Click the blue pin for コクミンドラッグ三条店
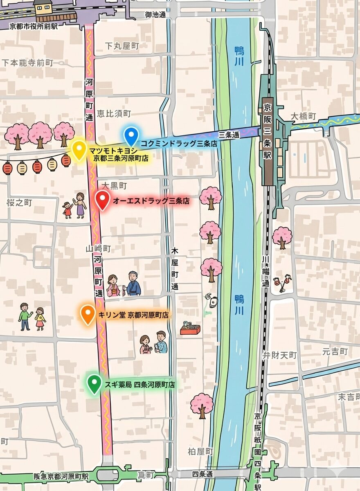coord(131,136)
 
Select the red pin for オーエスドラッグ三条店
coord(102,200)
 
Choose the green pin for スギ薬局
coord(94,383)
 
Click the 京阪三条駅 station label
coord(268,131)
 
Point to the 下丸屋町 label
coord(122,46)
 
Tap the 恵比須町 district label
coord(114,113)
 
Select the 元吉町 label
coord(335,351)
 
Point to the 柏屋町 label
coord(200,452)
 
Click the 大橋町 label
coord(304,116)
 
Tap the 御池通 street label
coord(155,15)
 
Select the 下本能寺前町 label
coord(28,63)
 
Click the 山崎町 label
coord(98,248)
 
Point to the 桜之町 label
coord(19,203)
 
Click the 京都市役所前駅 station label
coord(34,25)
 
